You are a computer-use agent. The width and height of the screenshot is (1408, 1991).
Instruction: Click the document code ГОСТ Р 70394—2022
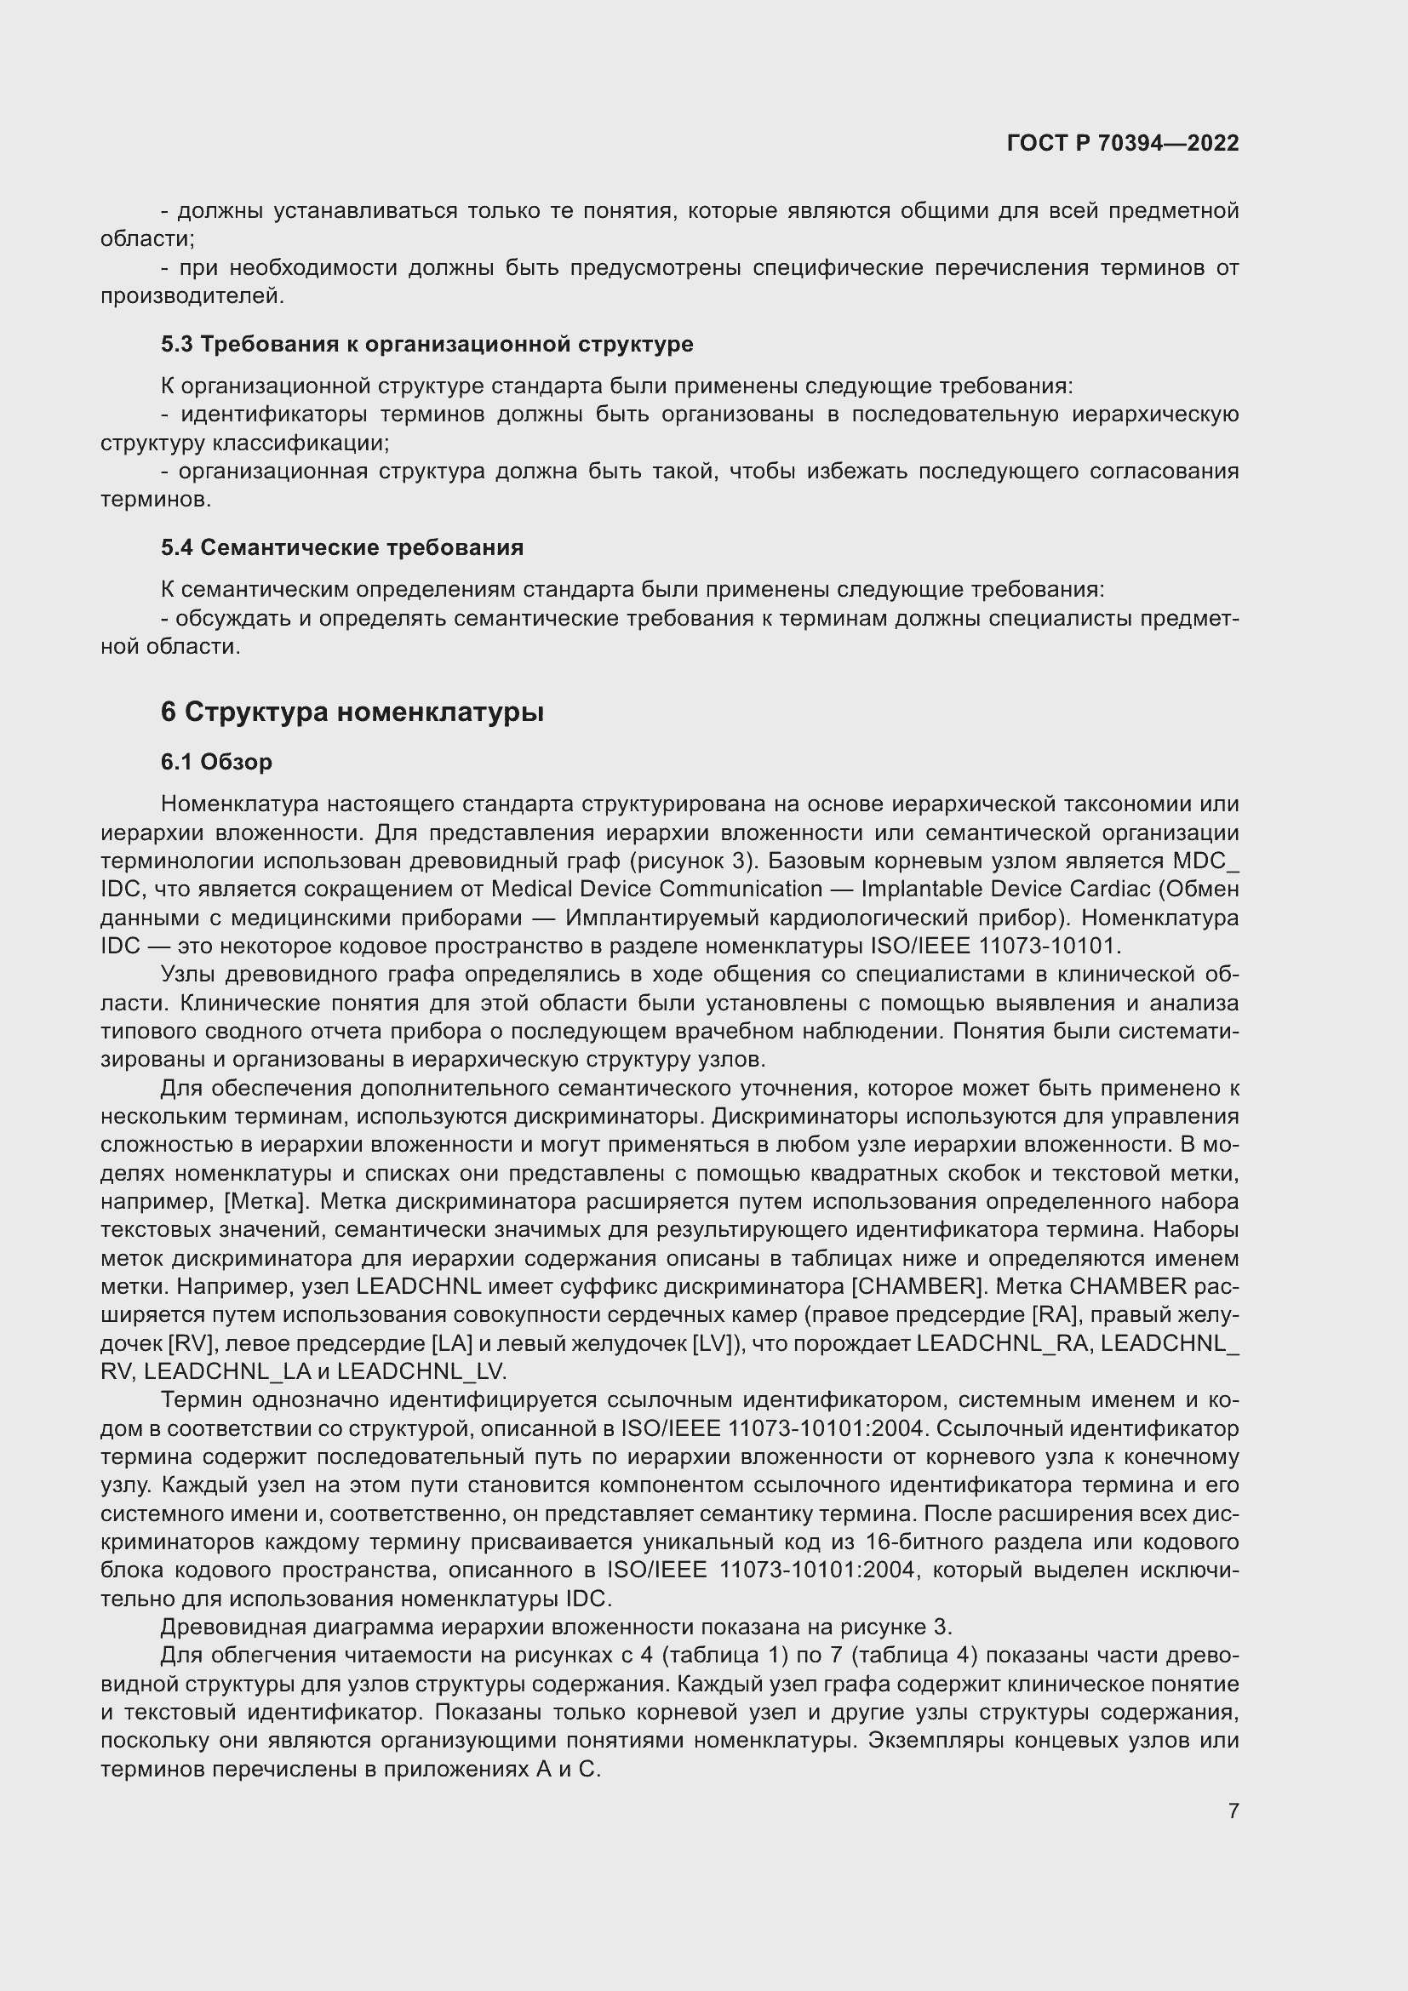click(x=1123, y=143)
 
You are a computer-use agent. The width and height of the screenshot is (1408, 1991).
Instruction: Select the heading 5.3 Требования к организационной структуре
click(x=426, y=344)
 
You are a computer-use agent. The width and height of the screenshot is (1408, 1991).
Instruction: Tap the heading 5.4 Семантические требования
click(x=341, y=547)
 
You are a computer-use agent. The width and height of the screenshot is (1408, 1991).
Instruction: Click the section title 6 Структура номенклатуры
click(x=352, y=712)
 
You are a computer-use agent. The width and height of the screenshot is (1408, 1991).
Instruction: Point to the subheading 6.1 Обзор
click(x=216, y=761)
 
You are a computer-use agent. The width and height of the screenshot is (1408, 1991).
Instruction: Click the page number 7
click(x=1233, y=1811)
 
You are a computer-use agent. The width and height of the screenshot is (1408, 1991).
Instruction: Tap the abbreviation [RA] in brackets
click(x=1056, y=1314)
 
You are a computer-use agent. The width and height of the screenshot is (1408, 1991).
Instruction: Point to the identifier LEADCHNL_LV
click(x=421, y=1372)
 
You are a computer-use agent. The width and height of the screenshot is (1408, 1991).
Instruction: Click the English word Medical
click(x=532, y=889)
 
